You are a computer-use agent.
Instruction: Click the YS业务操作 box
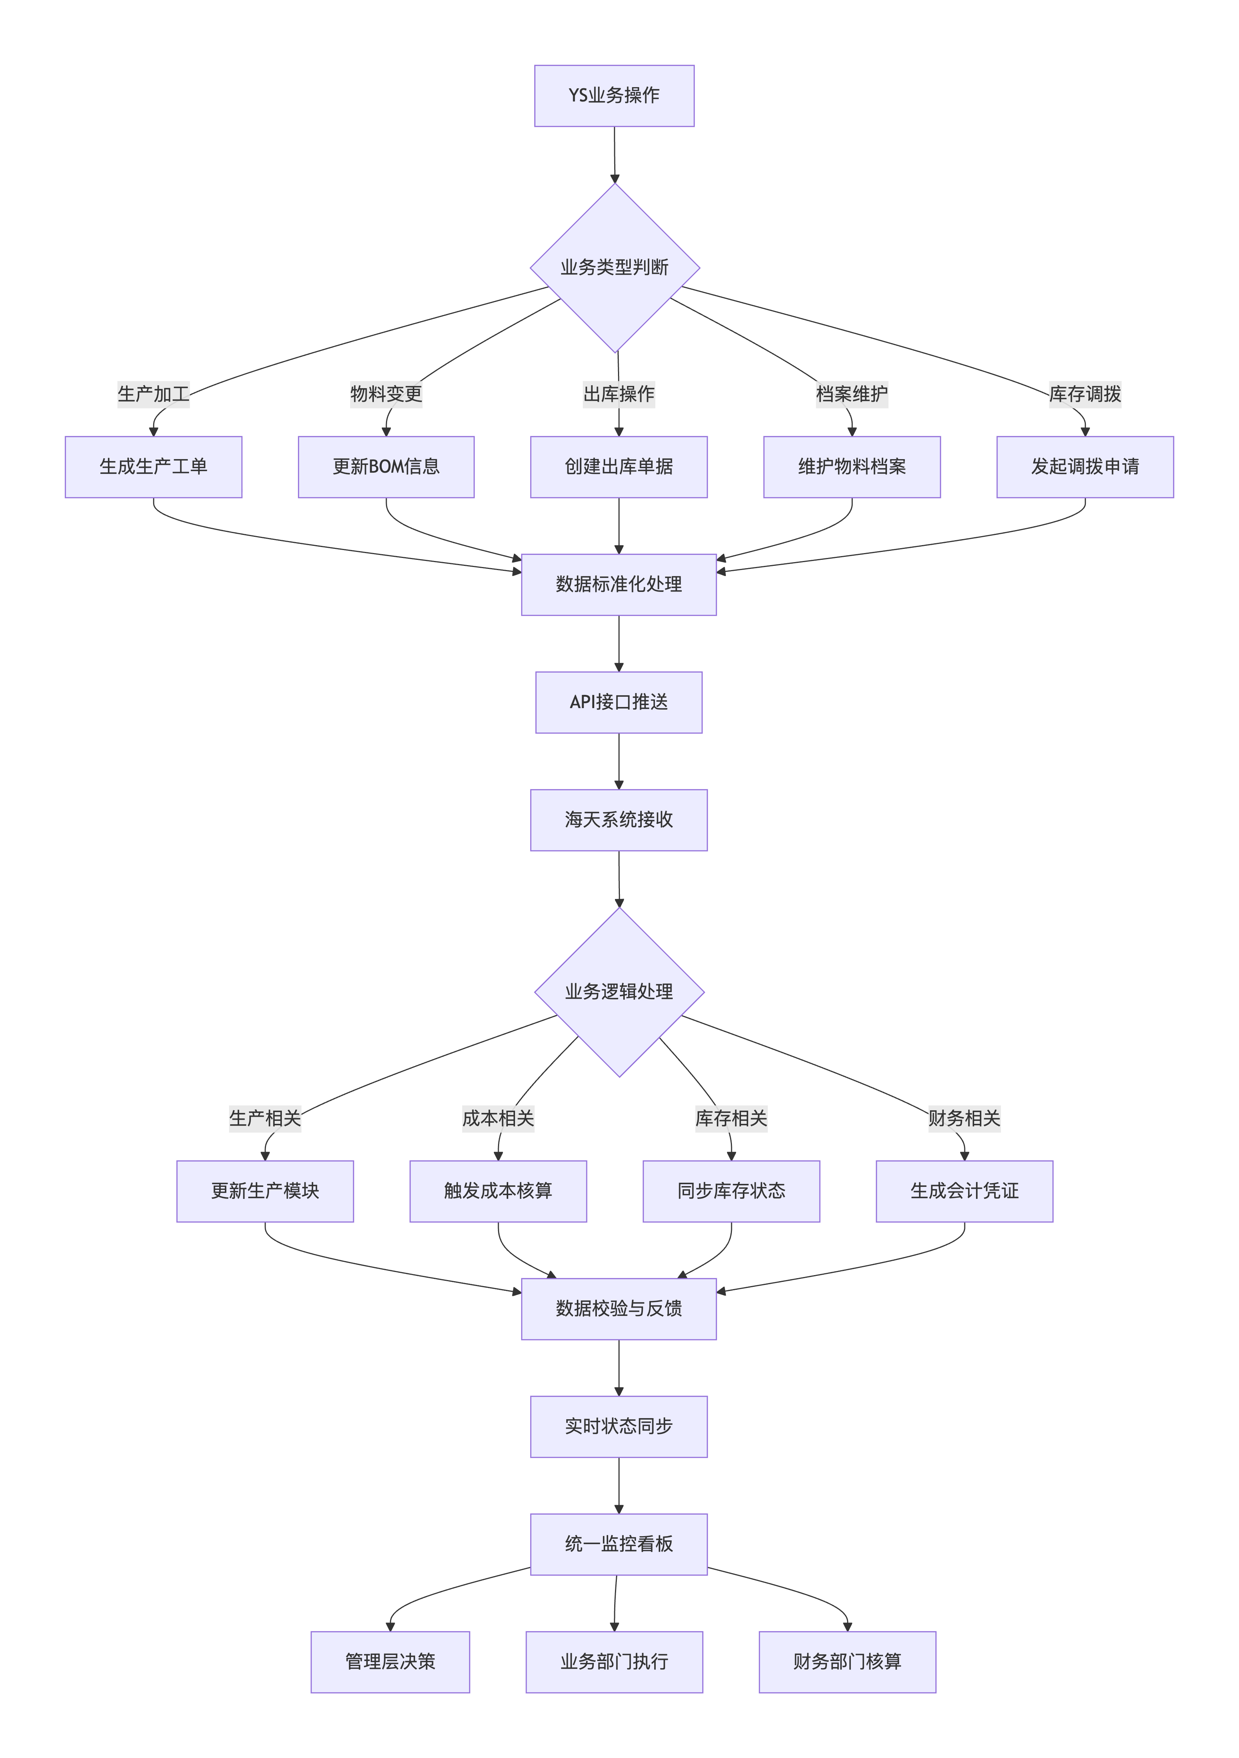[x=614, y=96]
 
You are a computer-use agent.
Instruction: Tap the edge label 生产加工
[x=153, y=393]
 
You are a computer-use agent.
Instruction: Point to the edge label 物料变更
[x=386, y=393]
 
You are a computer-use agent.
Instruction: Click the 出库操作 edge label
[x=619, y=393]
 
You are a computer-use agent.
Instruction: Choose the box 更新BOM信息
[x=386, y=467]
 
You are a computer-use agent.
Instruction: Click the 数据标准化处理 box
[x=619, y=584]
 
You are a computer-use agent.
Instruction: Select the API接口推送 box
[x=619, y=702]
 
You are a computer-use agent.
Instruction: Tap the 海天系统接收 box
[x=619, y=820]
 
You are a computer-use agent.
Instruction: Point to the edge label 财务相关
[x=964, y=1118]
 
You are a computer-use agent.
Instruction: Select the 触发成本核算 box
[x=498, y=1191]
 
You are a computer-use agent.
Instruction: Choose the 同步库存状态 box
[x=731, y=1191]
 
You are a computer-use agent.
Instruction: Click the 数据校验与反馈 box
[x=619, y=1309]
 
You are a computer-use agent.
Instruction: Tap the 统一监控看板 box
[x=619, y=1544]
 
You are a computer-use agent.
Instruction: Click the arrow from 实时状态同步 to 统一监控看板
[x=619, y=1485]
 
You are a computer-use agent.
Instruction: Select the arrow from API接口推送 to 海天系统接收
[x=619, y=761]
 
